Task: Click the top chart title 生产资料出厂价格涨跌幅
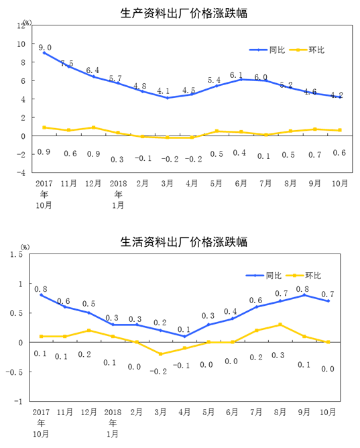click(x=184, y=13)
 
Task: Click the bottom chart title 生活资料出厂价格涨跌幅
click(x=184, y=242)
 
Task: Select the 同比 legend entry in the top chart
click(x=267, y=50)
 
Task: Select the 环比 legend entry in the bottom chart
click(x=303, y=276)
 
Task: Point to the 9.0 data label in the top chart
click(x=45, y=48)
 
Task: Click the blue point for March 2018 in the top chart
click(x=168, y=98)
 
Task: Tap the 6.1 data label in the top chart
click(x=237, y=75)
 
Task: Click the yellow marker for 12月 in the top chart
click(x=93, y=127)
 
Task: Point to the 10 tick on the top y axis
click(x=21, y=44)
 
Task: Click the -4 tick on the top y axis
click(x=21, y=172)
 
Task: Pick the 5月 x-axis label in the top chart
click(x=216, y=184)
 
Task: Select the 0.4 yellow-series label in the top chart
click(x=239, y=153)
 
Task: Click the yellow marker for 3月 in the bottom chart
click(x=160, y=354)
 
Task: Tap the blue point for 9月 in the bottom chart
click(x=304, y=295)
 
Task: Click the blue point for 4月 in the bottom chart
click(x=184, y=336)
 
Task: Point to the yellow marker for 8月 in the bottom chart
click(x=280, y=325)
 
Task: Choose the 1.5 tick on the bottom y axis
click(x=16, y=254)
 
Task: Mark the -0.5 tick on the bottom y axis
click(x=14, y=372)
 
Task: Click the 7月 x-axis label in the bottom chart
click(x=256, y=412)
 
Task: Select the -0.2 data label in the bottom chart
click(x=158, y=372)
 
